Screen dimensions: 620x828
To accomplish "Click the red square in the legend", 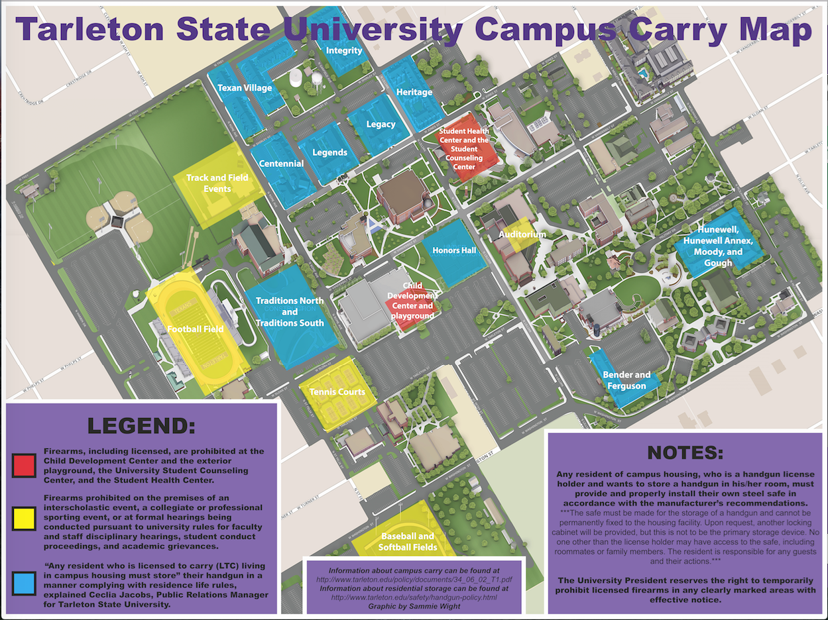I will [24, 466].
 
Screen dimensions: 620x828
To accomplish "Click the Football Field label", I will [195, 329].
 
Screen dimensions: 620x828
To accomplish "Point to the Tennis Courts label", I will [337, 392].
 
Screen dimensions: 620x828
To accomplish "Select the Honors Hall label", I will [454, 250].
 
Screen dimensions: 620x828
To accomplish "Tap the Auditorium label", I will [522, 234].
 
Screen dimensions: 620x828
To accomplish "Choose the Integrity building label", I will [345, 50].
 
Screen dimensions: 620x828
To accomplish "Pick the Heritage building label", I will [414, 92].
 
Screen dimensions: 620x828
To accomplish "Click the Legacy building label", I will [381, 124].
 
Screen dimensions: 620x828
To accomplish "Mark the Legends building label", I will [329, 152].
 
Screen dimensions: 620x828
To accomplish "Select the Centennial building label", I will [281, 164].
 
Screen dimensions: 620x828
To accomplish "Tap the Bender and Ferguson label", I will [626, 380].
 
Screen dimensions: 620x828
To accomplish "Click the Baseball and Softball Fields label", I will [407, 541].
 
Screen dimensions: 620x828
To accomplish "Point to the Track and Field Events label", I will [217, 183].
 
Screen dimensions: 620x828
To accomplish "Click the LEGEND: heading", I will [141, 425].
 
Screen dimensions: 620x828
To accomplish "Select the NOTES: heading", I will [685, 453].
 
